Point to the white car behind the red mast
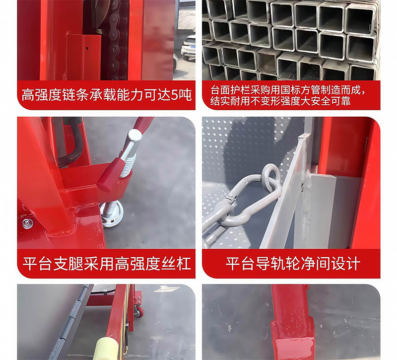(188, 48)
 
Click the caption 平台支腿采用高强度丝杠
(106, 263)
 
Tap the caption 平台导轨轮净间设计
(292, 263)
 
